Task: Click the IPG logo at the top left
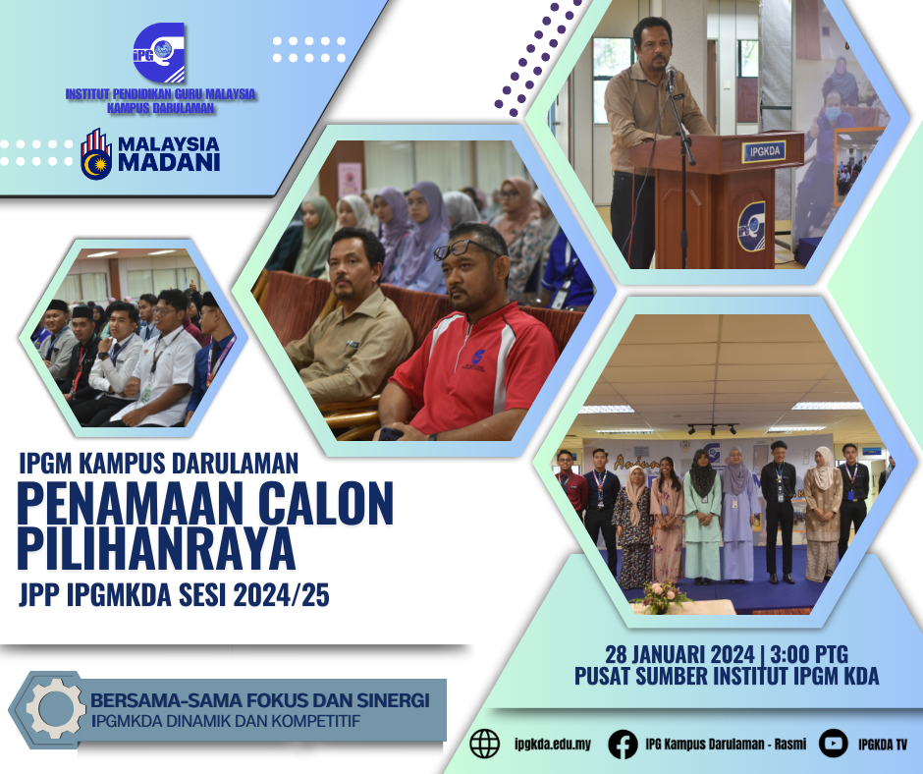[x=159, y=52]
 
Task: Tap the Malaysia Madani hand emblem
[x=96, y=154]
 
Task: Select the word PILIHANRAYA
[x=156, y=548]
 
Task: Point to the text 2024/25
[x=282, y=595]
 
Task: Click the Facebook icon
[x=623, y=744]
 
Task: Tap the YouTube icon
[x=833, y=744]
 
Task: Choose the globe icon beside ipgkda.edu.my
[x=484, y=744]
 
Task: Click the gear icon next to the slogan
[x=56, y=708]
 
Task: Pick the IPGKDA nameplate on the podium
[x=764, y=151]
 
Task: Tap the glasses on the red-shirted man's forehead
[x=465, y=249]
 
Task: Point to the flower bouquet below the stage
[x=661, y=597]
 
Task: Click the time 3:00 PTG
[x=809, y=654]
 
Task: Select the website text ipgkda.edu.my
[x=552, y=745]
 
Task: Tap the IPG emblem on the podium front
[x=751, y=227]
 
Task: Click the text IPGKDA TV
[x=883, y=745]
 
